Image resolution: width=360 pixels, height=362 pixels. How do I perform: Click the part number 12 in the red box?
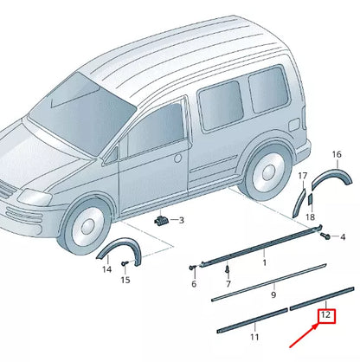point(325,317)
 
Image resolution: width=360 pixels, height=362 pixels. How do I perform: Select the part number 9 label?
point(273,294)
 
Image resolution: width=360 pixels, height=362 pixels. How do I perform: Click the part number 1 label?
point(264,261)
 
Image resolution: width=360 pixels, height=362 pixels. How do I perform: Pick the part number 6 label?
point(194,284)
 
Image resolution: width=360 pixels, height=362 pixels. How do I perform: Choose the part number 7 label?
point(228,283)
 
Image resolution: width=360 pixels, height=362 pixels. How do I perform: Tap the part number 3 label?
point(181,221)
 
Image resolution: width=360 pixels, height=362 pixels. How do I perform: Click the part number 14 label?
point(106,269)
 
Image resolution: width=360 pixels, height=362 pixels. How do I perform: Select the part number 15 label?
point(125,280)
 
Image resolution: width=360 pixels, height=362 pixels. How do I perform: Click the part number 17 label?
point(303,176)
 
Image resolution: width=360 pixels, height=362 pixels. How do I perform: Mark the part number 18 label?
point(310,217)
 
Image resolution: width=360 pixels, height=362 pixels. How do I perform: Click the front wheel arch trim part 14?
point(110,252)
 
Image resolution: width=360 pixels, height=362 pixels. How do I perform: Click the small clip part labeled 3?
point(161,221)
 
